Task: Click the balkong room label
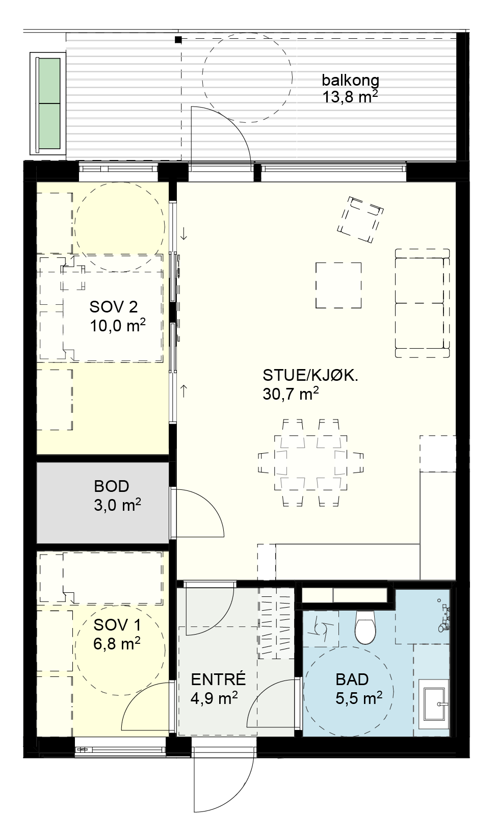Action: (x=350, y=81)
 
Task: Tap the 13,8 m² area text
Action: (x=350, y=97)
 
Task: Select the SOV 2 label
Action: (x=114, y=307)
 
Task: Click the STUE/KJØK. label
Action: (x=310, y=375)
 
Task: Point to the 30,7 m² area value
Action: (x=291, y=394)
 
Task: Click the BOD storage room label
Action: (x=111, y=486)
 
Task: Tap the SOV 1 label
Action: (x=117, y=624)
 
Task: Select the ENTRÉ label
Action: (x=218, y=679)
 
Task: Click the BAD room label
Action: (x=352, y=679)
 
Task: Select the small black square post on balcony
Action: (x=178, y=39)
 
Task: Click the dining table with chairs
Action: (x=310, y=462)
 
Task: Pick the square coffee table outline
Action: (x=338, y=285)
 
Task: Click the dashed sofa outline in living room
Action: (x=422, y=303)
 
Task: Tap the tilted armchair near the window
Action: (x=360, y=219)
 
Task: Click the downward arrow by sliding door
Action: (x=184, y=234)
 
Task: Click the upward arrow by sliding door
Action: (x=184, y=391)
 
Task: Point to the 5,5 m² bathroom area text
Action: (x=359, y=698)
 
